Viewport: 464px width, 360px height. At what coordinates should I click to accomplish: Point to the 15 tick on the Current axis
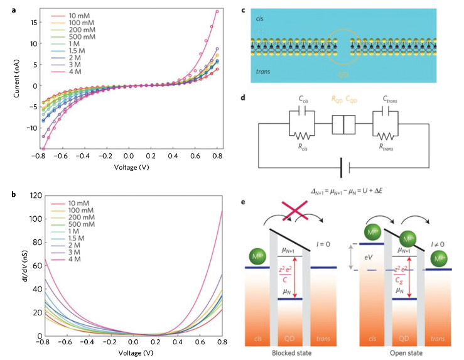point(19,22)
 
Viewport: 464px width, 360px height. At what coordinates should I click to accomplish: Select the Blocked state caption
point(293,353)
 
